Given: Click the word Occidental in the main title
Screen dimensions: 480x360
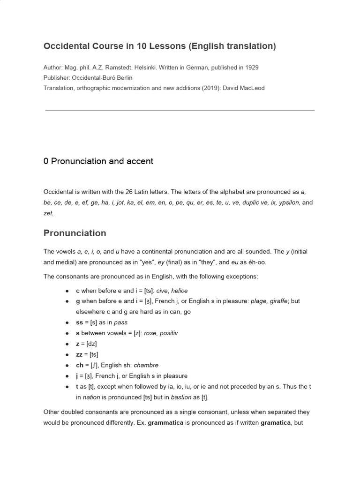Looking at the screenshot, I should (66, 46).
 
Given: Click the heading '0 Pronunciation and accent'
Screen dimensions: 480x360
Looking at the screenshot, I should (98, 161).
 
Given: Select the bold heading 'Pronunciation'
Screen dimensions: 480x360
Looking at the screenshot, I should (75, 233).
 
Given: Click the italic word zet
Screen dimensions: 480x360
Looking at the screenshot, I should (48, 213).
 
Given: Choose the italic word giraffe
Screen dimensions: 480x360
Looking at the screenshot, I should (277, 301).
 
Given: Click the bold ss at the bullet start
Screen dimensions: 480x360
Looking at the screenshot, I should (79, 322).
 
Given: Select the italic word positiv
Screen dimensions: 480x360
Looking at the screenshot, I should (168, 333).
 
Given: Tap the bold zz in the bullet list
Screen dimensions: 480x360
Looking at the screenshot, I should (79, 354).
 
